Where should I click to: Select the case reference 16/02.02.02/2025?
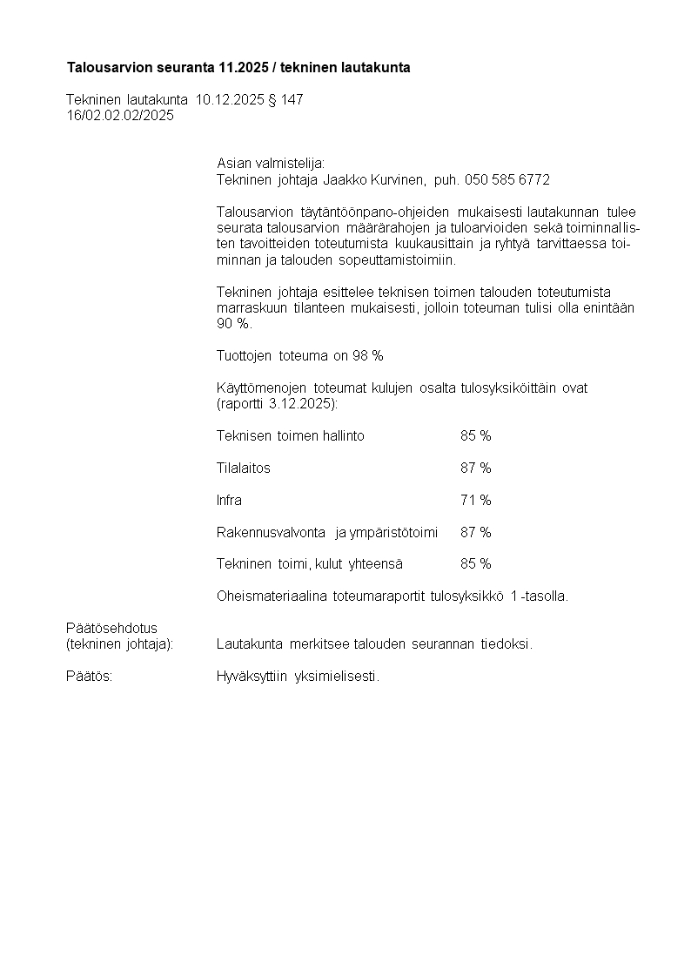point(120,116)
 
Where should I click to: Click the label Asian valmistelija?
point(271,164)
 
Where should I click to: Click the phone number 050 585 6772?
point(507,180)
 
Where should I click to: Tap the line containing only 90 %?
point(233,324)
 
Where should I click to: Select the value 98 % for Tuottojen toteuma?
point(367,356)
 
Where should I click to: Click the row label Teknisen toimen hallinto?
point(291,436)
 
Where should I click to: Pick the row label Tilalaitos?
point(244,468)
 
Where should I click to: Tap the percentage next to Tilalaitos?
point(475,468)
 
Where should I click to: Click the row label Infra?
point(229,501)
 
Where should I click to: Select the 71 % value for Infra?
point(475,501)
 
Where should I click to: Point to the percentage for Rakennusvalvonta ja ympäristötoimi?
point(475,532)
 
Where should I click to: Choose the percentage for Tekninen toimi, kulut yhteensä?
point(475,564)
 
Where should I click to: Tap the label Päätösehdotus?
point(111,628)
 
